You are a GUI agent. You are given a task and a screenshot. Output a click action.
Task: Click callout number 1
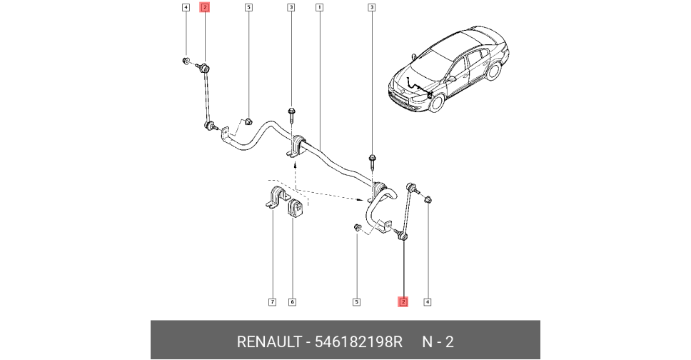point(319,8)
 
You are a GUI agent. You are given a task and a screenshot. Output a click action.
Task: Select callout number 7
point(272,302)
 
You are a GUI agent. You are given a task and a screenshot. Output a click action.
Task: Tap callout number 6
point(292,302)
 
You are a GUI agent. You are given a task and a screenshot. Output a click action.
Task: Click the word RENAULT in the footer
point(268,342)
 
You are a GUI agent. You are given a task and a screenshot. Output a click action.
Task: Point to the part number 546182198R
point(358,342)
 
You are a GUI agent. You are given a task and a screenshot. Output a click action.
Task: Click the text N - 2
point(438,342)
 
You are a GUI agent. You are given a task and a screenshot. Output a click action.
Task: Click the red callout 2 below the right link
point(403,302)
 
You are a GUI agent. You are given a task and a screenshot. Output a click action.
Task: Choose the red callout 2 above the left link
point(205,8)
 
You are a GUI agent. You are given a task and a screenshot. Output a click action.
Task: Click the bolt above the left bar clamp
point(292,113)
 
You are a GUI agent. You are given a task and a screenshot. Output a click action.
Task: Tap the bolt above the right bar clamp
point(372,159)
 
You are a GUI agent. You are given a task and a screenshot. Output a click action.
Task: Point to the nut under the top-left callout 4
point(186,61)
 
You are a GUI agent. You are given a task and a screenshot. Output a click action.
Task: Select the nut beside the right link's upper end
point(428,201)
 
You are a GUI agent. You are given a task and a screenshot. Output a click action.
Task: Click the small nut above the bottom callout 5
point(356,227)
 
